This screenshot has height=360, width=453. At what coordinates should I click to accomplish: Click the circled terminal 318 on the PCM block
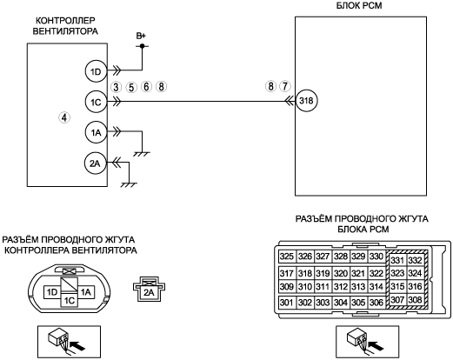(306, 101)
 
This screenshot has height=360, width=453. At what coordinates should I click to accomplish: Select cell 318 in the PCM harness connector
(305, 273)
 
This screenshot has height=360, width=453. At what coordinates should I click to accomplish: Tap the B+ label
(141, 36)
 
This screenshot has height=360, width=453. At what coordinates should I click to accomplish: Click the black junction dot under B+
(142, 46)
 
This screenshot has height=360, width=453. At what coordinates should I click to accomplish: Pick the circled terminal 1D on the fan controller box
(96, 71)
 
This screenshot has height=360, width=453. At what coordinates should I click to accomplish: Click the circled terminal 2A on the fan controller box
(96, 163)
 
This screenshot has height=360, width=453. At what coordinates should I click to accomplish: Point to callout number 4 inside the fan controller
(64, 117)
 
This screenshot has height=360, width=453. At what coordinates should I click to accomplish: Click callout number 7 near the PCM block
(285, 86)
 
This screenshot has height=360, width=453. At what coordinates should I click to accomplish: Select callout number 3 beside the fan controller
(116, 87)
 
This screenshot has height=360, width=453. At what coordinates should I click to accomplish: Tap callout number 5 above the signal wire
(131, 87)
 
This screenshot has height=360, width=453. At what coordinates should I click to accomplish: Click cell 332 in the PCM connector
(415, 260)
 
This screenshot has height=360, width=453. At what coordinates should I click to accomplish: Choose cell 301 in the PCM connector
(287, 303)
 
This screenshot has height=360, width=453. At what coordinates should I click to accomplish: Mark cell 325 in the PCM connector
(287, 257)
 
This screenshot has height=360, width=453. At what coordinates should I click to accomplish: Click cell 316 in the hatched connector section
(415, 286)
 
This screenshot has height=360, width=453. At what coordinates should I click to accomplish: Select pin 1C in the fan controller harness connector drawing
(70, 300)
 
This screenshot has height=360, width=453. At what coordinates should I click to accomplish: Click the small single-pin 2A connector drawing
(149, 289)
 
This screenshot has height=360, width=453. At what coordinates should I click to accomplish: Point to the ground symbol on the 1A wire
(142, 154)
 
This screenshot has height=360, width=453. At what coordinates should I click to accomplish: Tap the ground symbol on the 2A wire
(129, 184)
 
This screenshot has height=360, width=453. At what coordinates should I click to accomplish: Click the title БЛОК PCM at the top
(359, 5)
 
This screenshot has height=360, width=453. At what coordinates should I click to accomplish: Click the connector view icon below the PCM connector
(367, 342)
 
